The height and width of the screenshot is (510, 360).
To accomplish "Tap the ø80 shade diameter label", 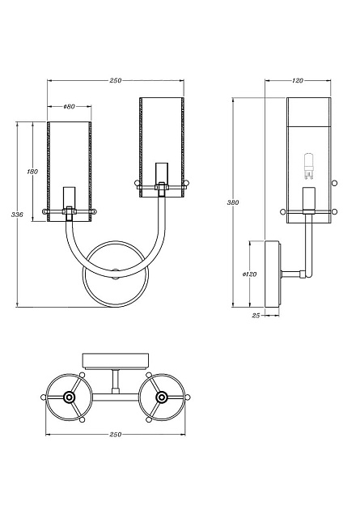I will point(69,107).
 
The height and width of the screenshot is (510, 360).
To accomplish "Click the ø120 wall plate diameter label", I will point(249,274).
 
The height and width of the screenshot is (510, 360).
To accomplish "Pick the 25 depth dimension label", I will point(256,315).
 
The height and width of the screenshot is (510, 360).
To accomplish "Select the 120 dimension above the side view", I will point(297,81).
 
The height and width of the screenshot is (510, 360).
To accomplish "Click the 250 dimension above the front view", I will point(116,81).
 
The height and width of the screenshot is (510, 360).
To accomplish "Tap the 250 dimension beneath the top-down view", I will point(116,435).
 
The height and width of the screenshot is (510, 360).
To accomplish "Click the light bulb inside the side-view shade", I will point(307,166).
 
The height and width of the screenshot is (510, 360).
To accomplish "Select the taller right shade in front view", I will point(162,142).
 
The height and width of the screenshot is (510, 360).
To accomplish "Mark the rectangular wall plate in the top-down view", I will point(116,360).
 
